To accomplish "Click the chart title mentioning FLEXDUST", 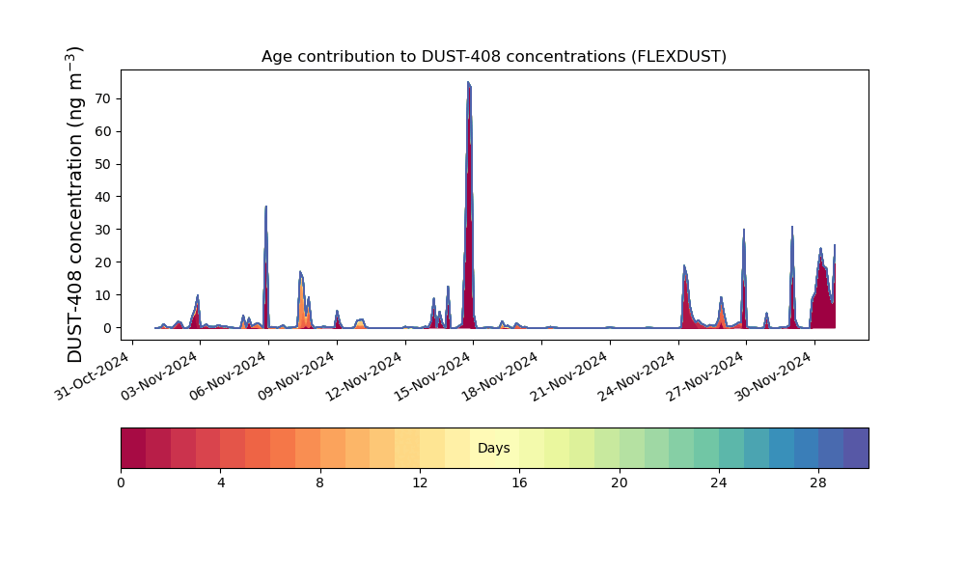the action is [493, 57].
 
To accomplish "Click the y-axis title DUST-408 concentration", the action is [74, 205].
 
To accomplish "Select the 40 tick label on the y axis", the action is [103, 197].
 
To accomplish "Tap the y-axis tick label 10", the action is [103, 295].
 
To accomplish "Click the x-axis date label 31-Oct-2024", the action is [93, 376].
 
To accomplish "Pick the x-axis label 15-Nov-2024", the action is [433, 376].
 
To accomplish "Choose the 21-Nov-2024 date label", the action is [570, 376].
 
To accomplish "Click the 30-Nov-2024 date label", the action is [775, 376].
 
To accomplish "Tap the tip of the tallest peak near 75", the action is [468, 82].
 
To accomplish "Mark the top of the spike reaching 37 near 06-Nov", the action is [266, 207].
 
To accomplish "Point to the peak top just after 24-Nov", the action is [684, 265].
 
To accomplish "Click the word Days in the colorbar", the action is [493, 449].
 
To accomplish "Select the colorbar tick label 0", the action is [122, 483].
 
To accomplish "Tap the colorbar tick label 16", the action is [519, 483].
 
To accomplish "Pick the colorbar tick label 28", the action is [818, 483].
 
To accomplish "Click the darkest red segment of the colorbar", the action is [133, 448].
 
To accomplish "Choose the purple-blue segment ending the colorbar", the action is [856, 448].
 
